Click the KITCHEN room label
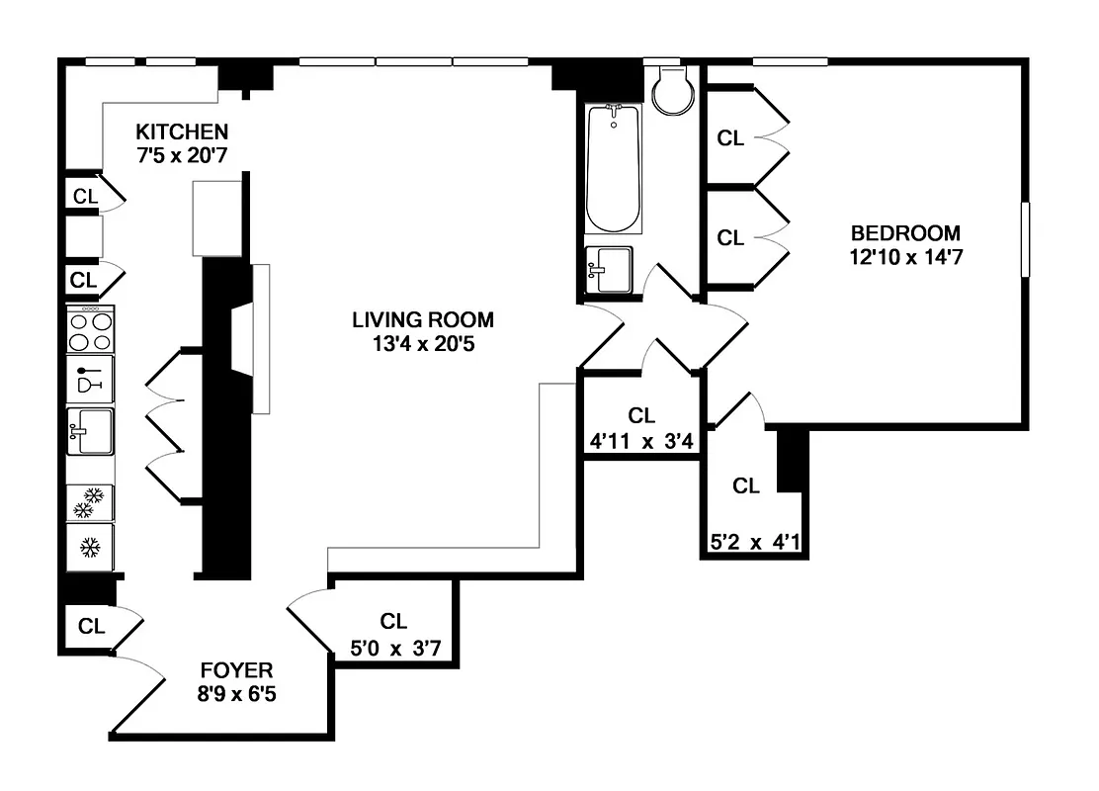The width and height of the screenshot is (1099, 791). [x=182, y=132]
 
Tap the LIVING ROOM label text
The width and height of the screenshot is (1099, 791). [x=423, y=320]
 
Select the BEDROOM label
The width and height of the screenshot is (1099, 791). [x=905, y=233]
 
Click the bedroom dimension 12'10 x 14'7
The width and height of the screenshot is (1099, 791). [x=905, y=257]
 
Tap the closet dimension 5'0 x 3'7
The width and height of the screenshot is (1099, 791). [x=393, y=649]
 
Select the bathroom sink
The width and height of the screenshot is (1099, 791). [x=608, y=270]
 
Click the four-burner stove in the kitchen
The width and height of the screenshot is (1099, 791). [x=90, y=329]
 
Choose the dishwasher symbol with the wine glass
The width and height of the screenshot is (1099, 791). [x=90, y=379]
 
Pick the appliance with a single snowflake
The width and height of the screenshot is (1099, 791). [x=90, y=546]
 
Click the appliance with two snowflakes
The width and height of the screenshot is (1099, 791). [x=90, y=503]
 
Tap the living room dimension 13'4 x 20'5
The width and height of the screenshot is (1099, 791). [x=423, y=344]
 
